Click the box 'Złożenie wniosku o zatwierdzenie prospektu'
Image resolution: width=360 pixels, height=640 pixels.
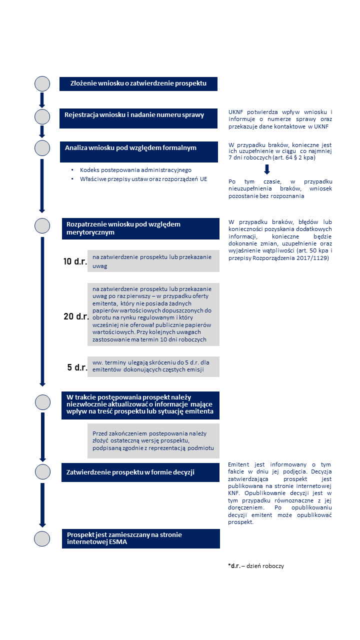138,83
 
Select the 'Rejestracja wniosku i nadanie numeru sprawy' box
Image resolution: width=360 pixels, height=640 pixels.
139,115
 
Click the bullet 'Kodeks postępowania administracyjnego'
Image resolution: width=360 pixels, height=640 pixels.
135,170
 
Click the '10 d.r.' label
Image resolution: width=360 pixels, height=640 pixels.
75,261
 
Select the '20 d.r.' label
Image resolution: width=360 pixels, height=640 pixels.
75,316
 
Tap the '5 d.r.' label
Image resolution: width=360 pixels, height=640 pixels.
77,367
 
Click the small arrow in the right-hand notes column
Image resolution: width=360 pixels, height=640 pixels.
267,169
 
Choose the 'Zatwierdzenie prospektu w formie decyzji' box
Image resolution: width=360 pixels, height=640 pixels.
140,472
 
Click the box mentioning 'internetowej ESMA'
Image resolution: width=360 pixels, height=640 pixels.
140,538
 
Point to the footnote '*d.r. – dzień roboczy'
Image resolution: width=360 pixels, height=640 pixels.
255,566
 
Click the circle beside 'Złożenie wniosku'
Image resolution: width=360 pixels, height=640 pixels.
42,83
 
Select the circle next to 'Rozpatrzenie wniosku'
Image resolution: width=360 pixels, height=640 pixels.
42,225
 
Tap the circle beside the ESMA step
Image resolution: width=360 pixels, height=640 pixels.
42,538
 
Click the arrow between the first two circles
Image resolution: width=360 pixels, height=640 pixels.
42,100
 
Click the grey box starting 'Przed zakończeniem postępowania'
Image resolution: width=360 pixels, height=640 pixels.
153,440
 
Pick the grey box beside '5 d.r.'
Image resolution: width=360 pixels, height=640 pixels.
153,366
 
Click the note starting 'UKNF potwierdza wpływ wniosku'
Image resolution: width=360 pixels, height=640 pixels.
280,119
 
